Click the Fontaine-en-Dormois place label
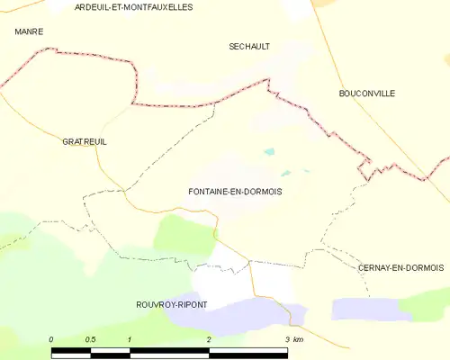tap(240, 192)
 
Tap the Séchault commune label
tap(249, 46)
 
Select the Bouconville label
tap(366, 94)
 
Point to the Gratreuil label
tap(85, 142)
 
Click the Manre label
tap(29, 31)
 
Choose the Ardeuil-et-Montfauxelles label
tap(134, 6)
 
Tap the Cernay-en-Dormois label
tap(400, 268)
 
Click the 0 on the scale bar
tap(51, 339)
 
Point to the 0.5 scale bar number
tap(91, 339)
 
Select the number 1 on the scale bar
tap(130, 339)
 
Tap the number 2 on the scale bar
tap(209, 339)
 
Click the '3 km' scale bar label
tap(294, 339)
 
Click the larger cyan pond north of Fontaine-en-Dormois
tap(268, 152)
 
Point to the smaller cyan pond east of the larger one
tap(286, 173)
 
